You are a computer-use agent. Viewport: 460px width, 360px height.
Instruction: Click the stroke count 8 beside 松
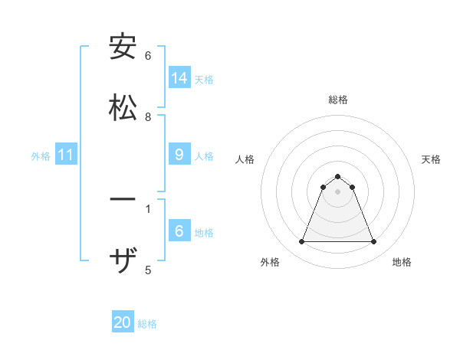[x=148, y=116]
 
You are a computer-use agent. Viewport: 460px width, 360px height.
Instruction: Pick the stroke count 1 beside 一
[x=148, y=208]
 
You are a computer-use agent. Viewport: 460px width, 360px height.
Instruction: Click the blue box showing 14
[x=179, y=78]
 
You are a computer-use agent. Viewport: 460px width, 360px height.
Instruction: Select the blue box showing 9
[x=179, y=155]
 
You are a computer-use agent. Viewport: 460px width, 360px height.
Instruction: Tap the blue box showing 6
[x=179, y=231]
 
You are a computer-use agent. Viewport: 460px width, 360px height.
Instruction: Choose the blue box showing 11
[x=66, y=155]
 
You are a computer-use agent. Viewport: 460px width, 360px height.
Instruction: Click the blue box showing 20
[x=123, y=322]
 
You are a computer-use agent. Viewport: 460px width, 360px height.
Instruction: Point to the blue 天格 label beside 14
[x=204, y=80]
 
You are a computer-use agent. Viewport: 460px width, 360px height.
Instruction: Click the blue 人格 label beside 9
[x=204, y=156]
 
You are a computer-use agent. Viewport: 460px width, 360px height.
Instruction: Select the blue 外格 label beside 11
[x=41, y=156]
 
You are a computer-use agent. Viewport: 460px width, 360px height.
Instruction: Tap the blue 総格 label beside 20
[x=147, y=324]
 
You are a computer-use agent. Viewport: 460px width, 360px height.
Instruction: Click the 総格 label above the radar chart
[x=338, y=100]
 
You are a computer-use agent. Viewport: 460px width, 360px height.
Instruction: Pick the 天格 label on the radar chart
[x=431, y=159]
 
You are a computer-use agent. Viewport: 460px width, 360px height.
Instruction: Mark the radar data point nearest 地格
[x=374, y=242]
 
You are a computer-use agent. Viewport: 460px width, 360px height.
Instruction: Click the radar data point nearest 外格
[x=301, y=242]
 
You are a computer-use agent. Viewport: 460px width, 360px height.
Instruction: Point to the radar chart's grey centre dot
[x=338, y=191]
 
